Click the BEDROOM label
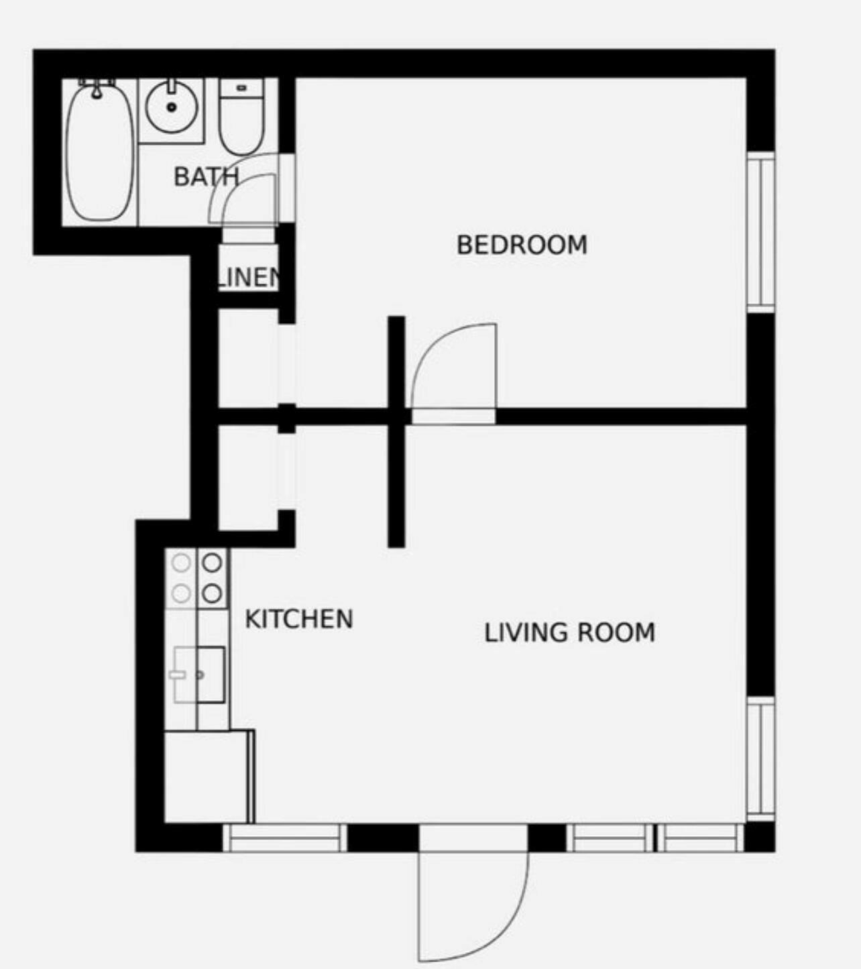click(522, 245)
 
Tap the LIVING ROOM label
click(569, 632)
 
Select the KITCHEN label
click(298, 618)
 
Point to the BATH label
click(205, 177)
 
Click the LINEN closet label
click(248, 277)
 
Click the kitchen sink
click(200, 675)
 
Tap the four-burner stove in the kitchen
click(197, 578)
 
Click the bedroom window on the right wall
click(761, 231)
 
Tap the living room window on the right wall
click(761, 758)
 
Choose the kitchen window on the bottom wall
click(285, 838)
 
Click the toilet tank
click(241, 88)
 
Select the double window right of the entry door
click(655, 838)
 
